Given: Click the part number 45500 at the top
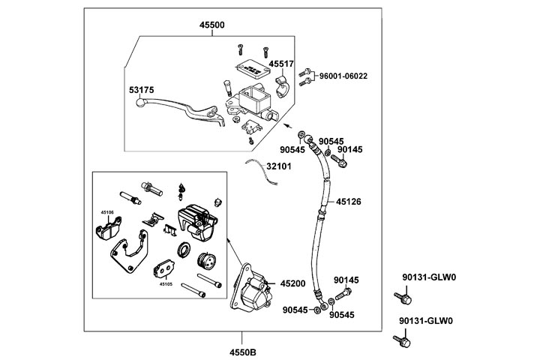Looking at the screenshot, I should click(x=211, y=25).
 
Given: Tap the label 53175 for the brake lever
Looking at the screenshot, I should click(x=141, y=90).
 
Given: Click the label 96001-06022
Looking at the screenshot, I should click(x=343, y=76).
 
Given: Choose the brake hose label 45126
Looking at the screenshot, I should click(x=349, y=202).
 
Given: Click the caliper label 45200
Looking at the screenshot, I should click(x=292, y=283).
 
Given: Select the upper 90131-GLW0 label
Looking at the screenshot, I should click(x=428, y=277).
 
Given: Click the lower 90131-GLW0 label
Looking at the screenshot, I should click(x=428, y=320).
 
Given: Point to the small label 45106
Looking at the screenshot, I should click(x=107, y=213).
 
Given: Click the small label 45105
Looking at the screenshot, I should click(x=166, y=284).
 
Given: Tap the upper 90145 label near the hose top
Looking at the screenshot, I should click(x=349, y=150).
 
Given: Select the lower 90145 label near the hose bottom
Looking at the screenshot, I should click(x=346, y=280).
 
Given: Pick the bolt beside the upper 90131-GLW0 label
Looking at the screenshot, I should click(x=402, y=298).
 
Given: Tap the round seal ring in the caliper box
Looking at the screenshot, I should click(x=182, y=250).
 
